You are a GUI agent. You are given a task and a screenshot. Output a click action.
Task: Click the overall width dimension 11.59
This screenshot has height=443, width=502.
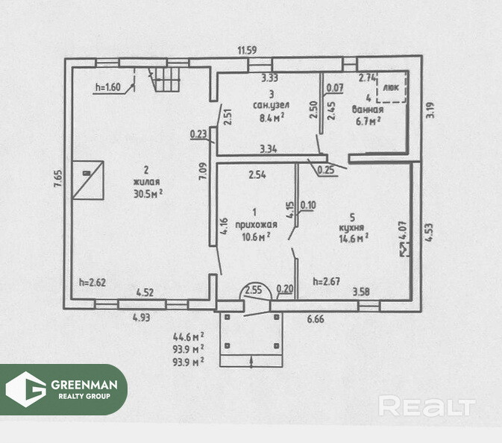click(248, 50)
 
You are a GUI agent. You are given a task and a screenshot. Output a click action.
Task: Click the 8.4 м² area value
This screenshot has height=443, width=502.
click(271, 117)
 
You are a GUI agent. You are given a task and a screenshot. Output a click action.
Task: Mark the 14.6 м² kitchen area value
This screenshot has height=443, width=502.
click(353, 239)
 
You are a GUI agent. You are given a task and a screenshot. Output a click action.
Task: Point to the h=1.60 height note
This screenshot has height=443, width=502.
click(108, 87)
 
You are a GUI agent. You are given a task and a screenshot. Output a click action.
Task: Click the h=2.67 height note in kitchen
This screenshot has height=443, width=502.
click(327, 282)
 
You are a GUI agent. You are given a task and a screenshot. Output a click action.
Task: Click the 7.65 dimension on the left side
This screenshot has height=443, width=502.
click(57, 182)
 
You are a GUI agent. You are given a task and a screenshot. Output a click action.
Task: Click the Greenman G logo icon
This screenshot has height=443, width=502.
click(26, 389)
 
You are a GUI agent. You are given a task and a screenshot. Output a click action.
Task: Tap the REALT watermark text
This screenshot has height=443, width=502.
click(426, 406)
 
